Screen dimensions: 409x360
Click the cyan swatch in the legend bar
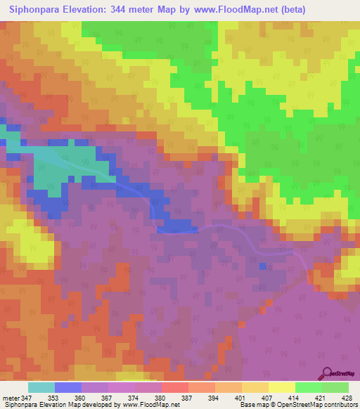pos(41,387)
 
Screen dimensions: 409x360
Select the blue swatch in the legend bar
pos(68,387)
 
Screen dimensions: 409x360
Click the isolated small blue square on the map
pos(262,266)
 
